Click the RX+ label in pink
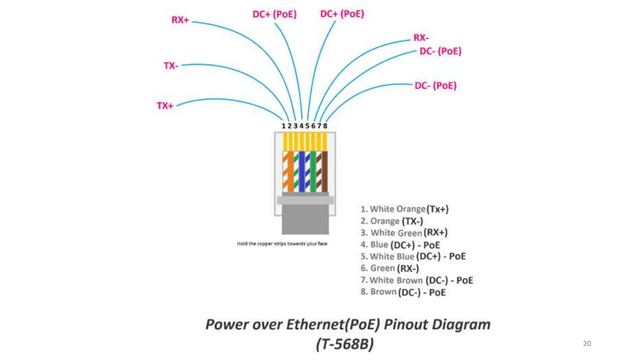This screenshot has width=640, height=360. [180, 20]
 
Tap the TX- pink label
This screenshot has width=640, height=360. [171, 66]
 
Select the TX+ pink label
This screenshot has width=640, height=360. [165, 106]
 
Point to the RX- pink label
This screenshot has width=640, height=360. [421, 38]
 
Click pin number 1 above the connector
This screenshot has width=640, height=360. [283, 126]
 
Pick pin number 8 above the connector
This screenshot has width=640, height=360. [325, 126]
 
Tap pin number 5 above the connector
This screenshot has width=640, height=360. [307, 126]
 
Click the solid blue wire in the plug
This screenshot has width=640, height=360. [302, 172]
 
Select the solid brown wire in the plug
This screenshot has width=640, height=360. [325, 172]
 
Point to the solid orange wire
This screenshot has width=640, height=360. [291, 172]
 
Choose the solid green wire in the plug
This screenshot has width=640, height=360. [313, 172]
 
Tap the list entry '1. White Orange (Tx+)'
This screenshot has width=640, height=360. [404, 209]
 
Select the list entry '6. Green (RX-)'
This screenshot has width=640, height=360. [389, 268]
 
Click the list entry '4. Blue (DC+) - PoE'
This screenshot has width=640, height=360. [400, 245]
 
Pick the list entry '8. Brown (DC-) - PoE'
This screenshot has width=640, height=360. [403, 292]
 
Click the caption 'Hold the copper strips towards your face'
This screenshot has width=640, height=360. [282, 244]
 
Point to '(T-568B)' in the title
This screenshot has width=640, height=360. [345, 344]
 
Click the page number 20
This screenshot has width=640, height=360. [587, 343]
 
